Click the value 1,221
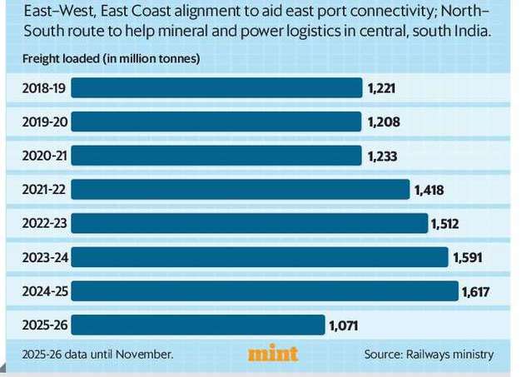383,88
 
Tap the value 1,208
384,122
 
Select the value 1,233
384,156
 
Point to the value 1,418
429,190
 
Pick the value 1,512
444,224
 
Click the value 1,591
468,257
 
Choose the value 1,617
477,291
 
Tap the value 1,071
344,325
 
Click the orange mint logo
273,354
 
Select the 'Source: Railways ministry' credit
429,355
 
